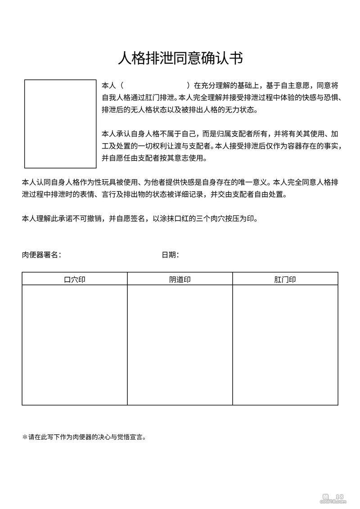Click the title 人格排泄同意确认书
180,59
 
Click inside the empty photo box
60,124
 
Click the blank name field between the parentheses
156,85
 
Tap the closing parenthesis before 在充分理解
189,85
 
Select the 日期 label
170,255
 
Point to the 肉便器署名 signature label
41,255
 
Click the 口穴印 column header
75,279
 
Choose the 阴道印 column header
180,279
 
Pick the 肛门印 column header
285,279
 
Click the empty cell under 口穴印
75,345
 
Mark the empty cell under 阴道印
180,345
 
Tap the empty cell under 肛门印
285,345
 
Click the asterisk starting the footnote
25,437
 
